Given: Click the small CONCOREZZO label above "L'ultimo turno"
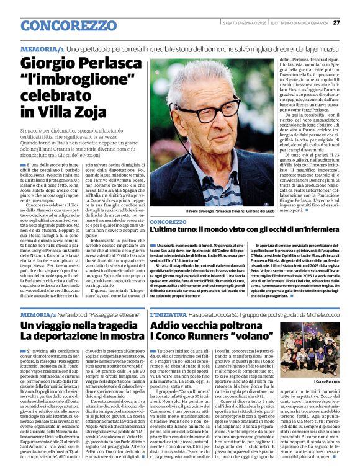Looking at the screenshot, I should (x=168, y=221).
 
